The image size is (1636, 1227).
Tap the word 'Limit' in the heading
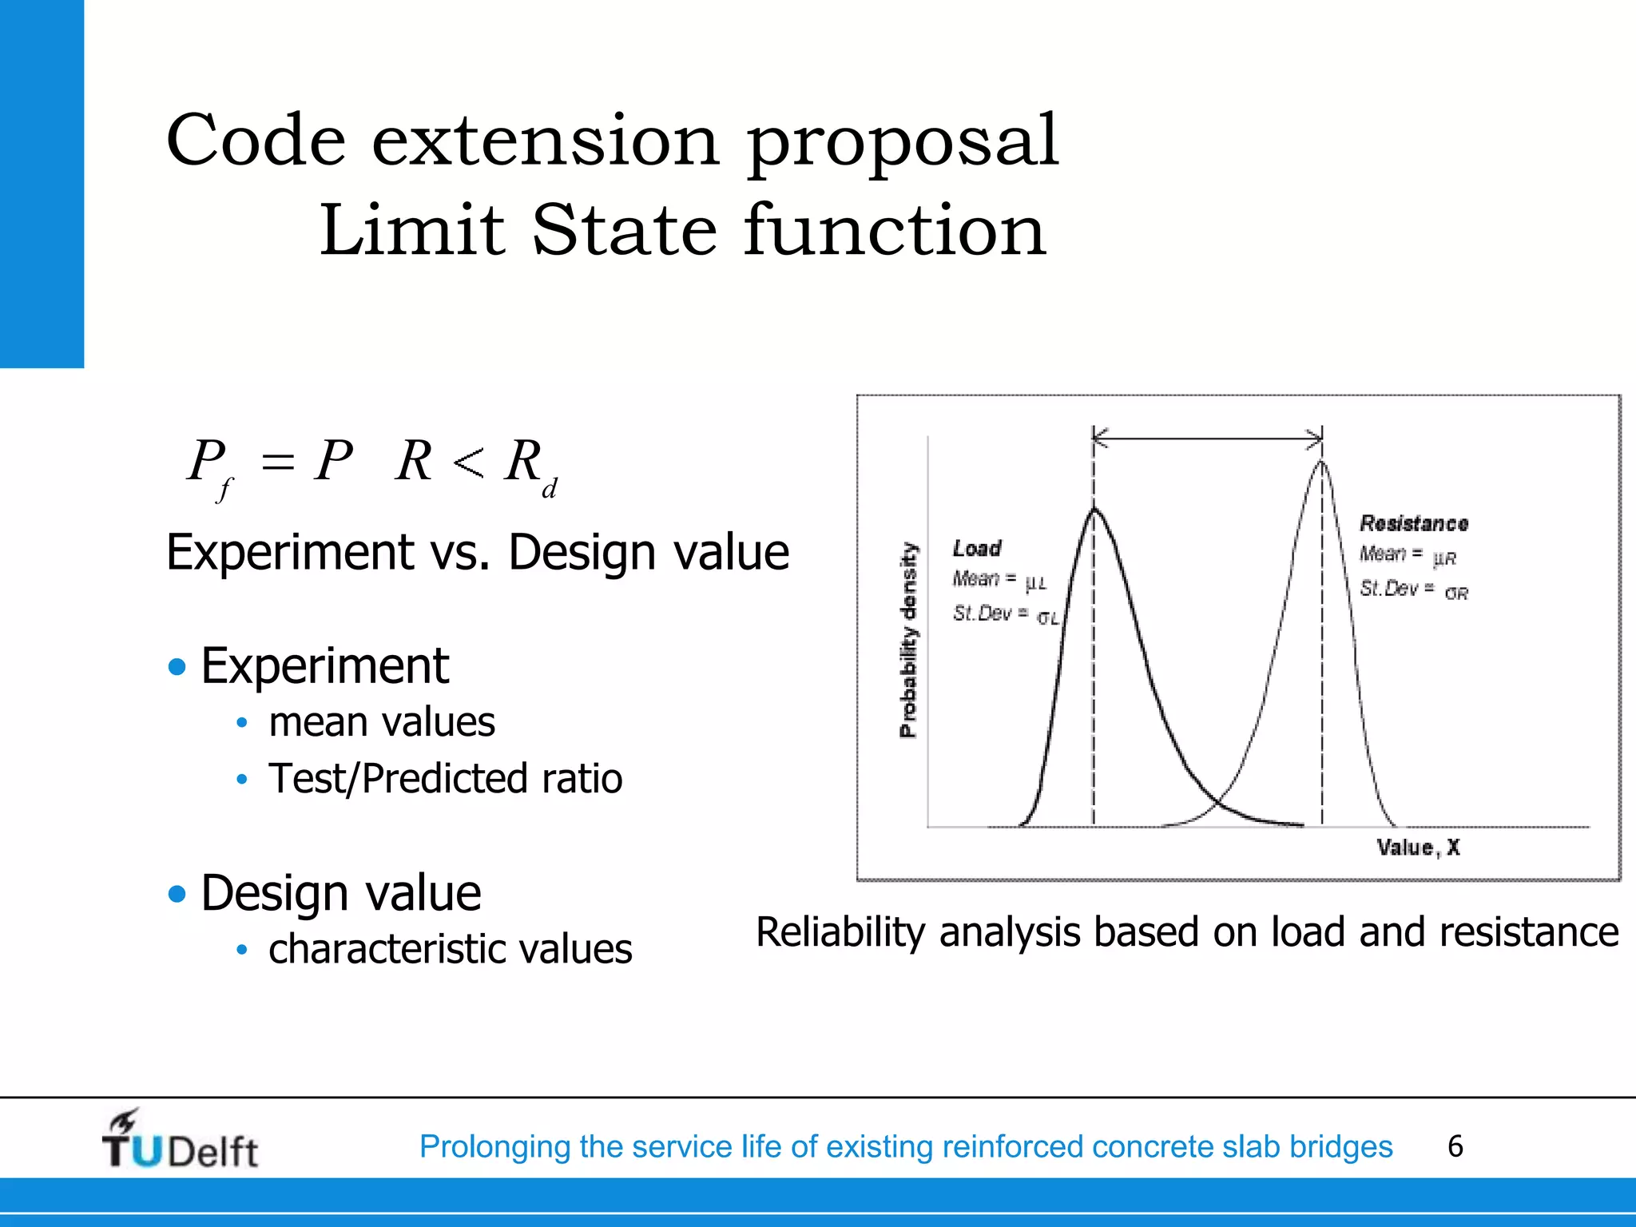pyautogui.click(x=412, y=231)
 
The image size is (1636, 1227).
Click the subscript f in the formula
pyautogui.click(x=224, y=488)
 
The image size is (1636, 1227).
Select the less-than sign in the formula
pyautogui.click(x=467, y=463)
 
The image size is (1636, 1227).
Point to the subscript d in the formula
pyautogui.click(x=549, y=488)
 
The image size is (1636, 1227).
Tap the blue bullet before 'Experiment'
pyautogui.click(x=177, y=666)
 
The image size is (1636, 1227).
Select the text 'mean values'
pyautogui.click(x=381, y=722)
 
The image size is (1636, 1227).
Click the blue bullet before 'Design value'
pyautogui.click(x=177, y=893)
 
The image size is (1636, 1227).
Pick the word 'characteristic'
pyautogui.click(x=387, y=950)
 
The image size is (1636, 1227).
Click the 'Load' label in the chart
pyautogui.click(x=976, y=549)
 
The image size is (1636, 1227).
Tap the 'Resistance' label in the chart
pyautogui.click(x=1413, y=524)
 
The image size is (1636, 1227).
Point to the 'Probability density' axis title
pyautogui.click(x=909, y=639)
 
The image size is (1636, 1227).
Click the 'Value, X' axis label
pyautogui.click(x=1418, y=848)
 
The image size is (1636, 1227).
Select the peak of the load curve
pyautogui.click(x=1094, y=509)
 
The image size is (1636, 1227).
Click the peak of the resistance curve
pyautogui.click(x=1321, y=462)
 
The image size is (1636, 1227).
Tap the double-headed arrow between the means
pyautogui.click(x=1207, y=438)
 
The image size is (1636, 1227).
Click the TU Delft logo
pyautogui.click(x=180, y=1141)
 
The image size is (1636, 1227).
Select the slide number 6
pyautogui.click(x=1455, y=1146)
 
